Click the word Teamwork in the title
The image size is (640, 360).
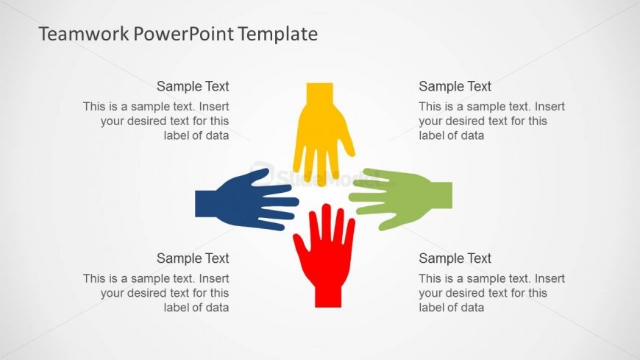tap(84, 34)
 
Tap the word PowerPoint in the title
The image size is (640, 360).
tap(184, 34)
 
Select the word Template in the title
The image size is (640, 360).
tap(278, 35)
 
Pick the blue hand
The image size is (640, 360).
tap(245, 200)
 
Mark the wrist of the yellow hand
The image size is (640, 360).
tap(319, 93)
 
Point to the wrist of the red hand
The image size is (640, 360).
tap(328, 296)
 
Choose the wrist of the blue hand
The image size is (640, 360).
tap(206, 203)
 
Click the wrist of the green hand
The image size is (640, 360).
tap(441, 195)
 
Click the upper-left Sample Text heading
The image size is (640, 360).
tap(193, 86)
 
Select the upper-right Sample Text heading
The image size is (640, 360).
tap(455, 86)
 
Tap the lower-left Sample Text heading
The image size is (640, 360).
tap(193, 258)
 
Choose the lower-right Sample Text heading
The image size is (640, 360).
tap(455, 258)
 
